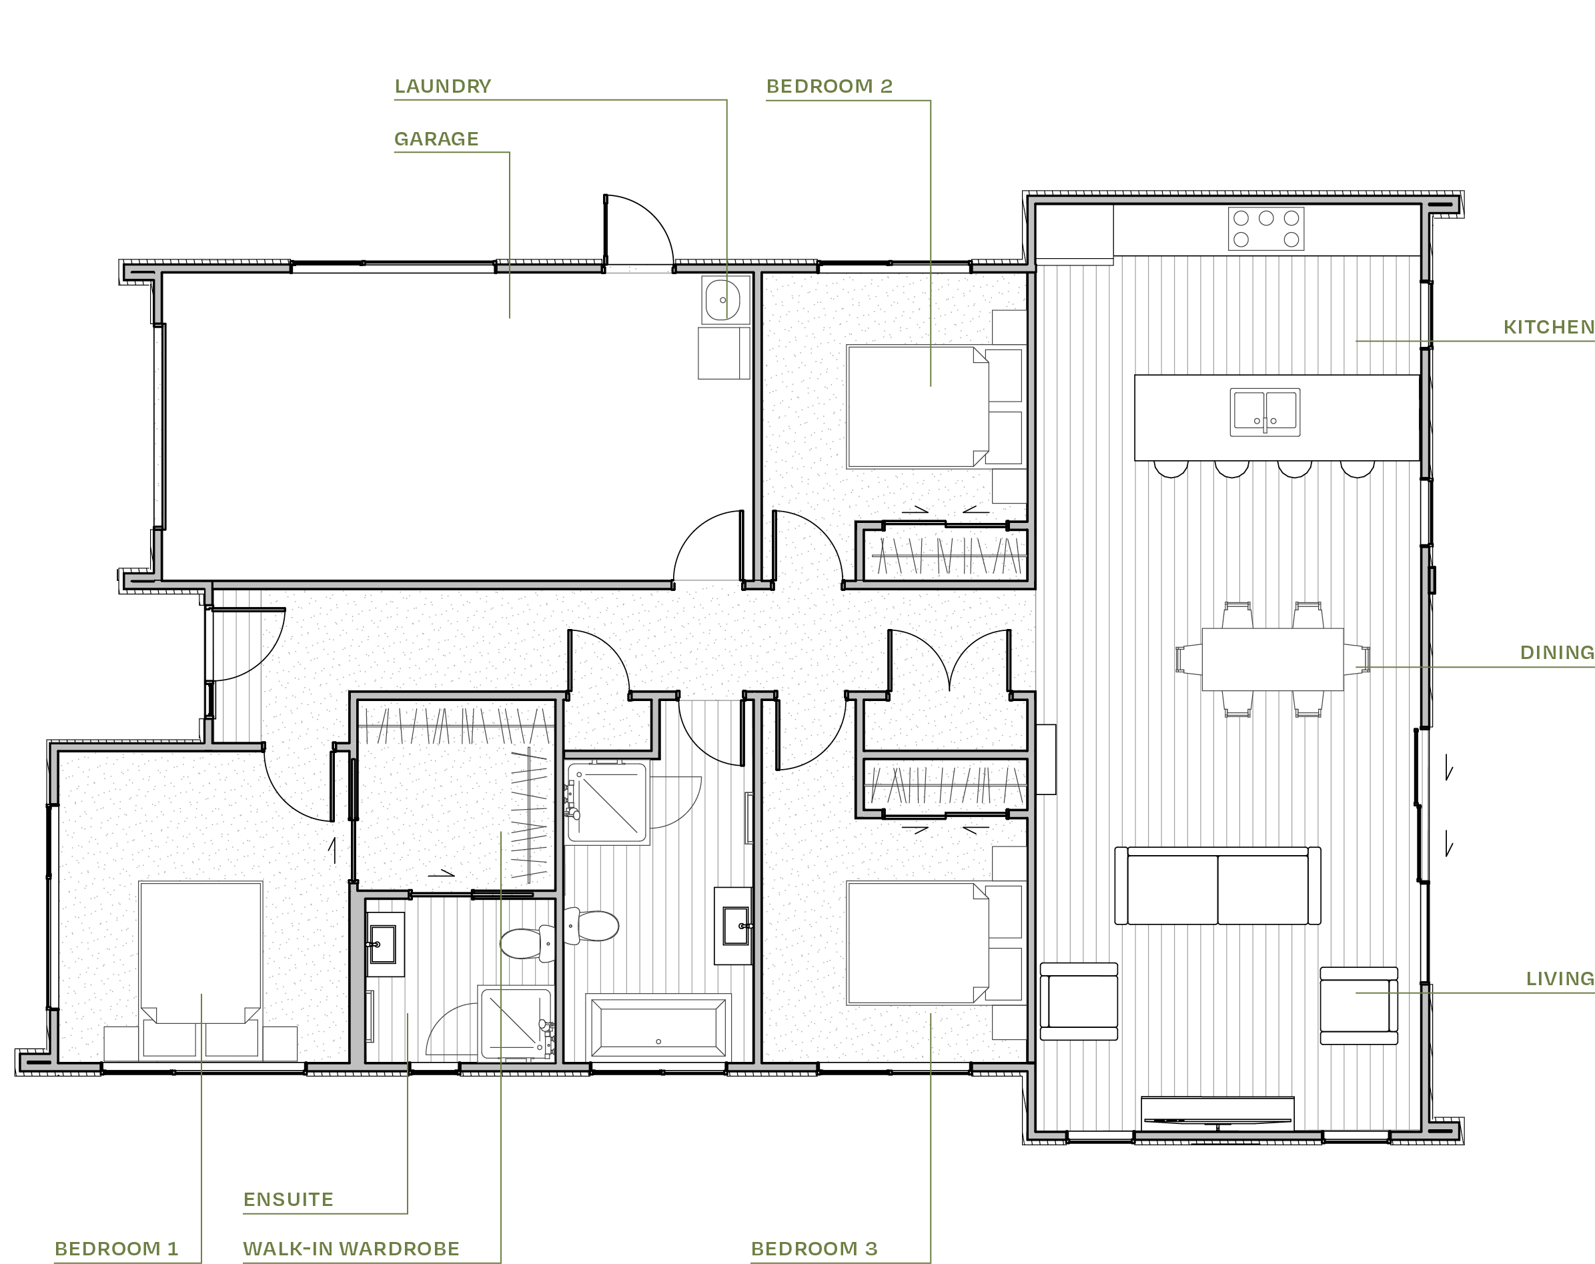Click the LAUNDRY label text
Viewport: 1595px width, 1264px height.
[442, 87]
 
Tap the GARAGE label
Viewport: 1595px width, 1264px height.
[436, 139]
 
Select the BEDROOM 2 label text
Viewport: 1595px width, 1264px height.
[829, 87]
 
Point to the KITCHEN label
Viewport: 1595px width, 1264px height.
[1548, 327]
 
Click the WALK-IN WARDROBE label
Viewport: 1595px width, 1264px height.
[352, 1249]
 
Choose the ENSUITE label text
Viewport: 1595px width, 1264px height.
[289, 1200]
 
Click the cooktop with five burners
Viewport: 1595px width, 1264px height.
[1265, 229]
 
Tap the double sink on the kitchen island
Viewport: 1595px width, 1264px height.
[1265, 412]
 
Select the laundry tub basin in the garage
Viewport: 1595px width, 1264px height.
[722, 300]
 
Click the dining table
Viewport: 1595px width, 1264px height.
[1272, 659]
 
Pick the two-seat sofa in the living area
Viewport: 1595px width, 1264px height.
[1217, 886]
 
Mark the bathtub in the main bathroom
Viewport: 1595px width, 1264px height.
[658, 1027]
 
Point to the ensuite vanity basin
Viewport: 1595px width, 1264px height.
[382, 944]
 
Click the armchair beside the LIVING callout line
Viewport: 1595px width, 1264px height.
[1358, 1005]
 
